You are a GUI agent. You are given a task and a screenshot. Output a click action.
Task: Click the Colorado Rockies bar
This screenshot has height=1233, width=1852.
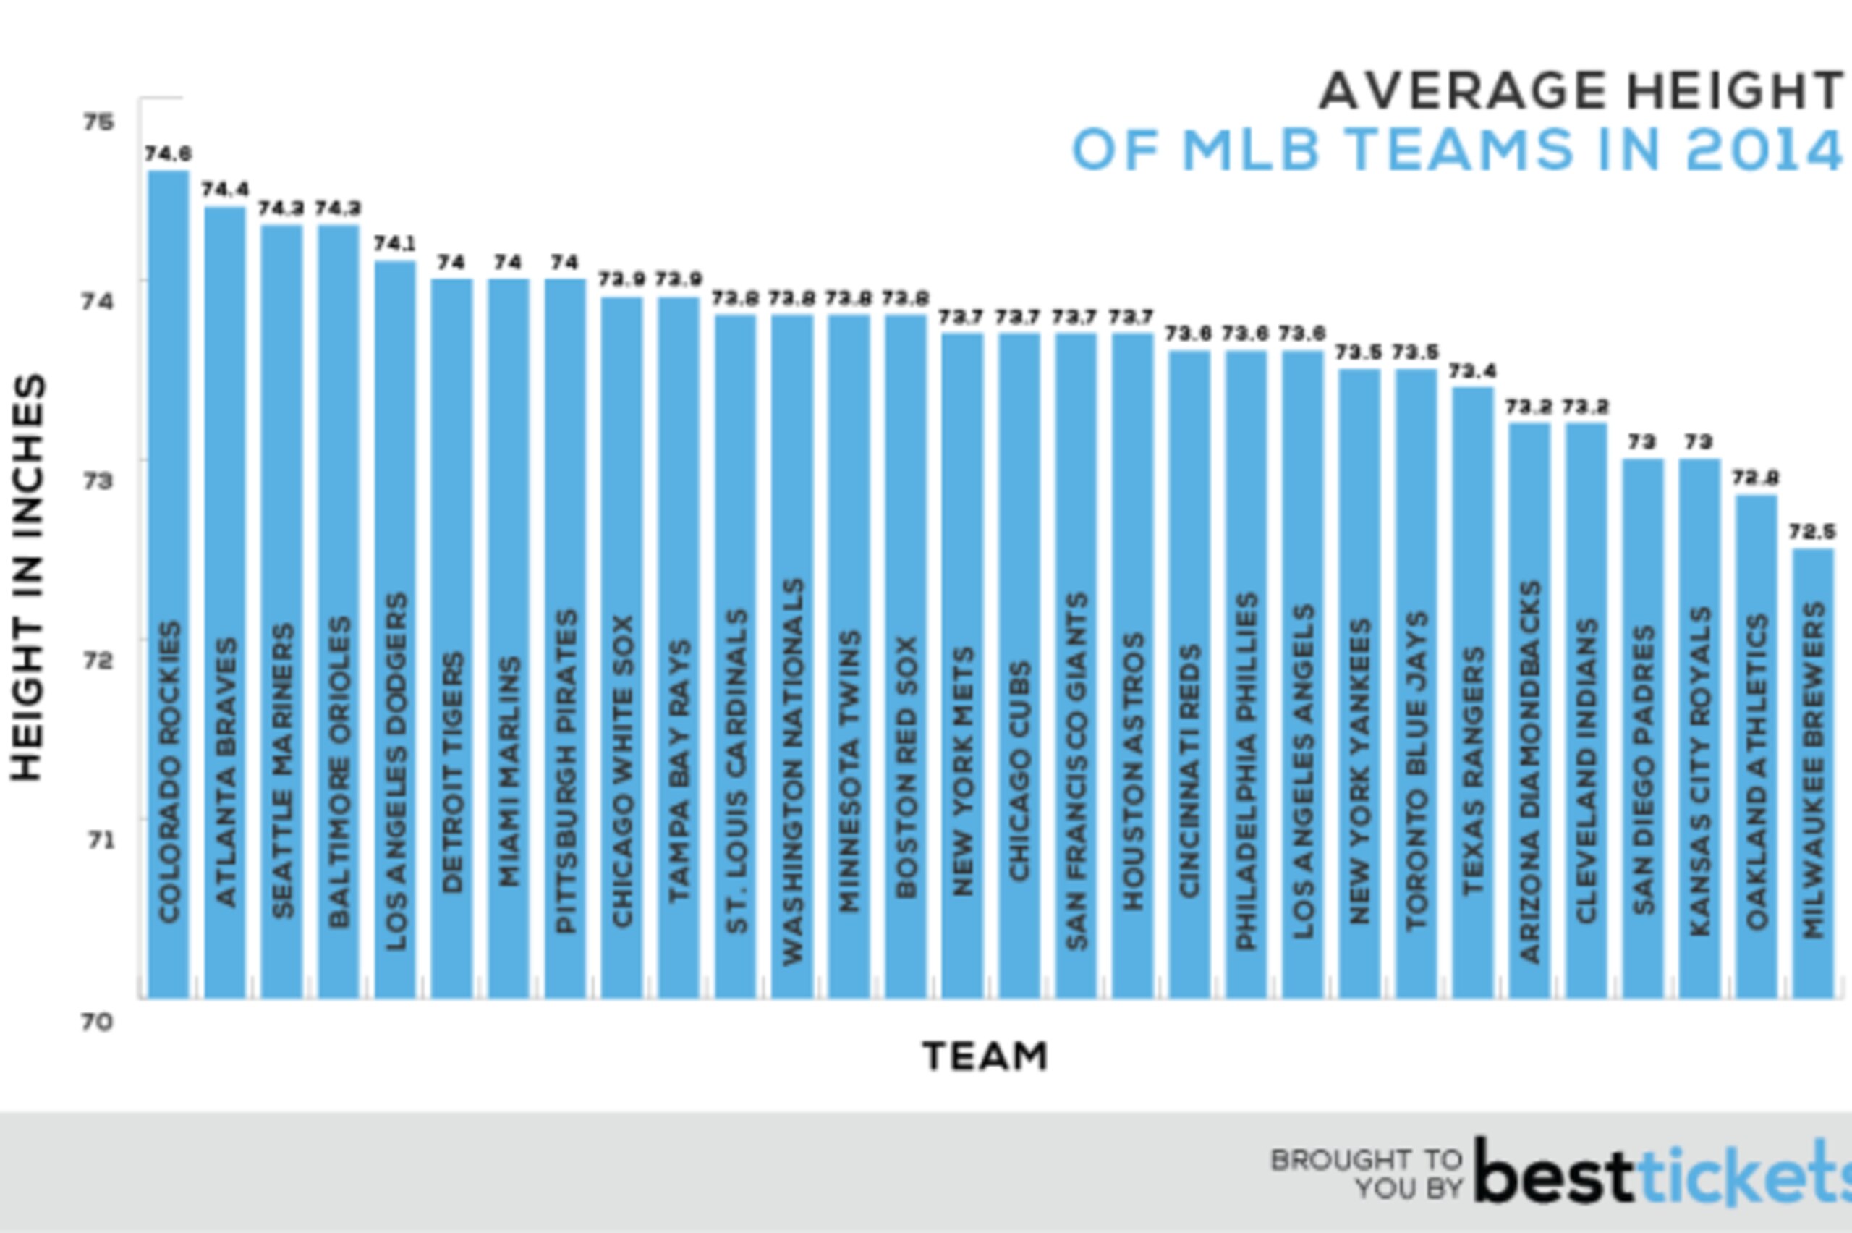click(x=169, y=584)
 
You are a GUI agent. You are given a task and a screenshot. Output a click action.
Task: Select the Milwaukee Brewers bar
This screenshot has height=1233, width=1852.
click(x=1813, y=773)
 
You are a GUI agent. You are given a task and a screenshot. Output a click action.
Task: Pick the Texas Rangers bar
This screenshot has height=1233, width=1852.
click(x=1472, y=692)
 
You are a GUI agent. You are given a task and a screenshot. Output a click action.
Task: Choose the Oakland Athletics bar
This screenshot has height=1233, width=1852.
click(x=1756, y=746)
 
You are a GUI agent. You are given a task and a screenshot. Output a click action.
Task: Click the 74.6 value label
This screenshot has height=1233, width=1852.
click(x=169, y=153)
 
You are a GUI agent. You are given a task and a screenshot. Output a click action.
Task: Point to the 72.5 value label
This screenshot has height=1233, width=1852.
click(x=1812, y=533)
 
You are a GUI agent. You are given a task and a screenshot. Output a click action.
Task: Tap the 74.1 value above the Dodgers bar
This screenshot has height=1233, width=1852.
click(x=394, y=244)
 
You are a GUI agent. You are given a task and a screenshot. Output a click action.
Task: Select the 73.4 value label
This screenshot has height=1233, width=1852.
click(x=1472, y=370)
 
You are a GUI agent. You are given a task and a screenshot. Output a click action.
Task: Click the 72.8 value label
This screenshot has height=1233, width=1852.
click(x=1756, y=478)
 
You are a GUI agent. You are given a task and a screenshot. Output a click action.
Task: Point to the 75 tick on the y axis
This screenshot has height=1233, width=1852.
click(x=98, y=122)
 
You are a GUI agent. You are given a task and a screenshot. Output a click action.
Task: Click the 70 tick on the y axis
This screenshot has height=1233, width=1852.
click(x=98, y=1022)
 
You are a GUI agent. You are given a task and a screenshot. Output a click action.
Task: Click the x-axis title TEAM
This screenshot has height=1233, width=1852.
click(x=985, y=1056)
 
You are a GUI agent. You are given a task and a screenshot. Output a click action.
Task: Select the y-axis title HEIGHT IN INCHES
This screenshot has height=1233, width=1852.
click(x=27, y=578)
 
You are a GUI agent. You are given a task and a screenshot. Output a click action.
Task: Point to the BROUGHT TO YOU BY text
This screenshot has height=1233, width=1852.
click(x=1366, y=1173)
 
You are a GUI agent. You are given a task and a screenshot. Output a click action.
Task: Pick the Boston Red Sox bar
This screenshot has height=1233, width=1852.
click(x=906, y=656)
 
